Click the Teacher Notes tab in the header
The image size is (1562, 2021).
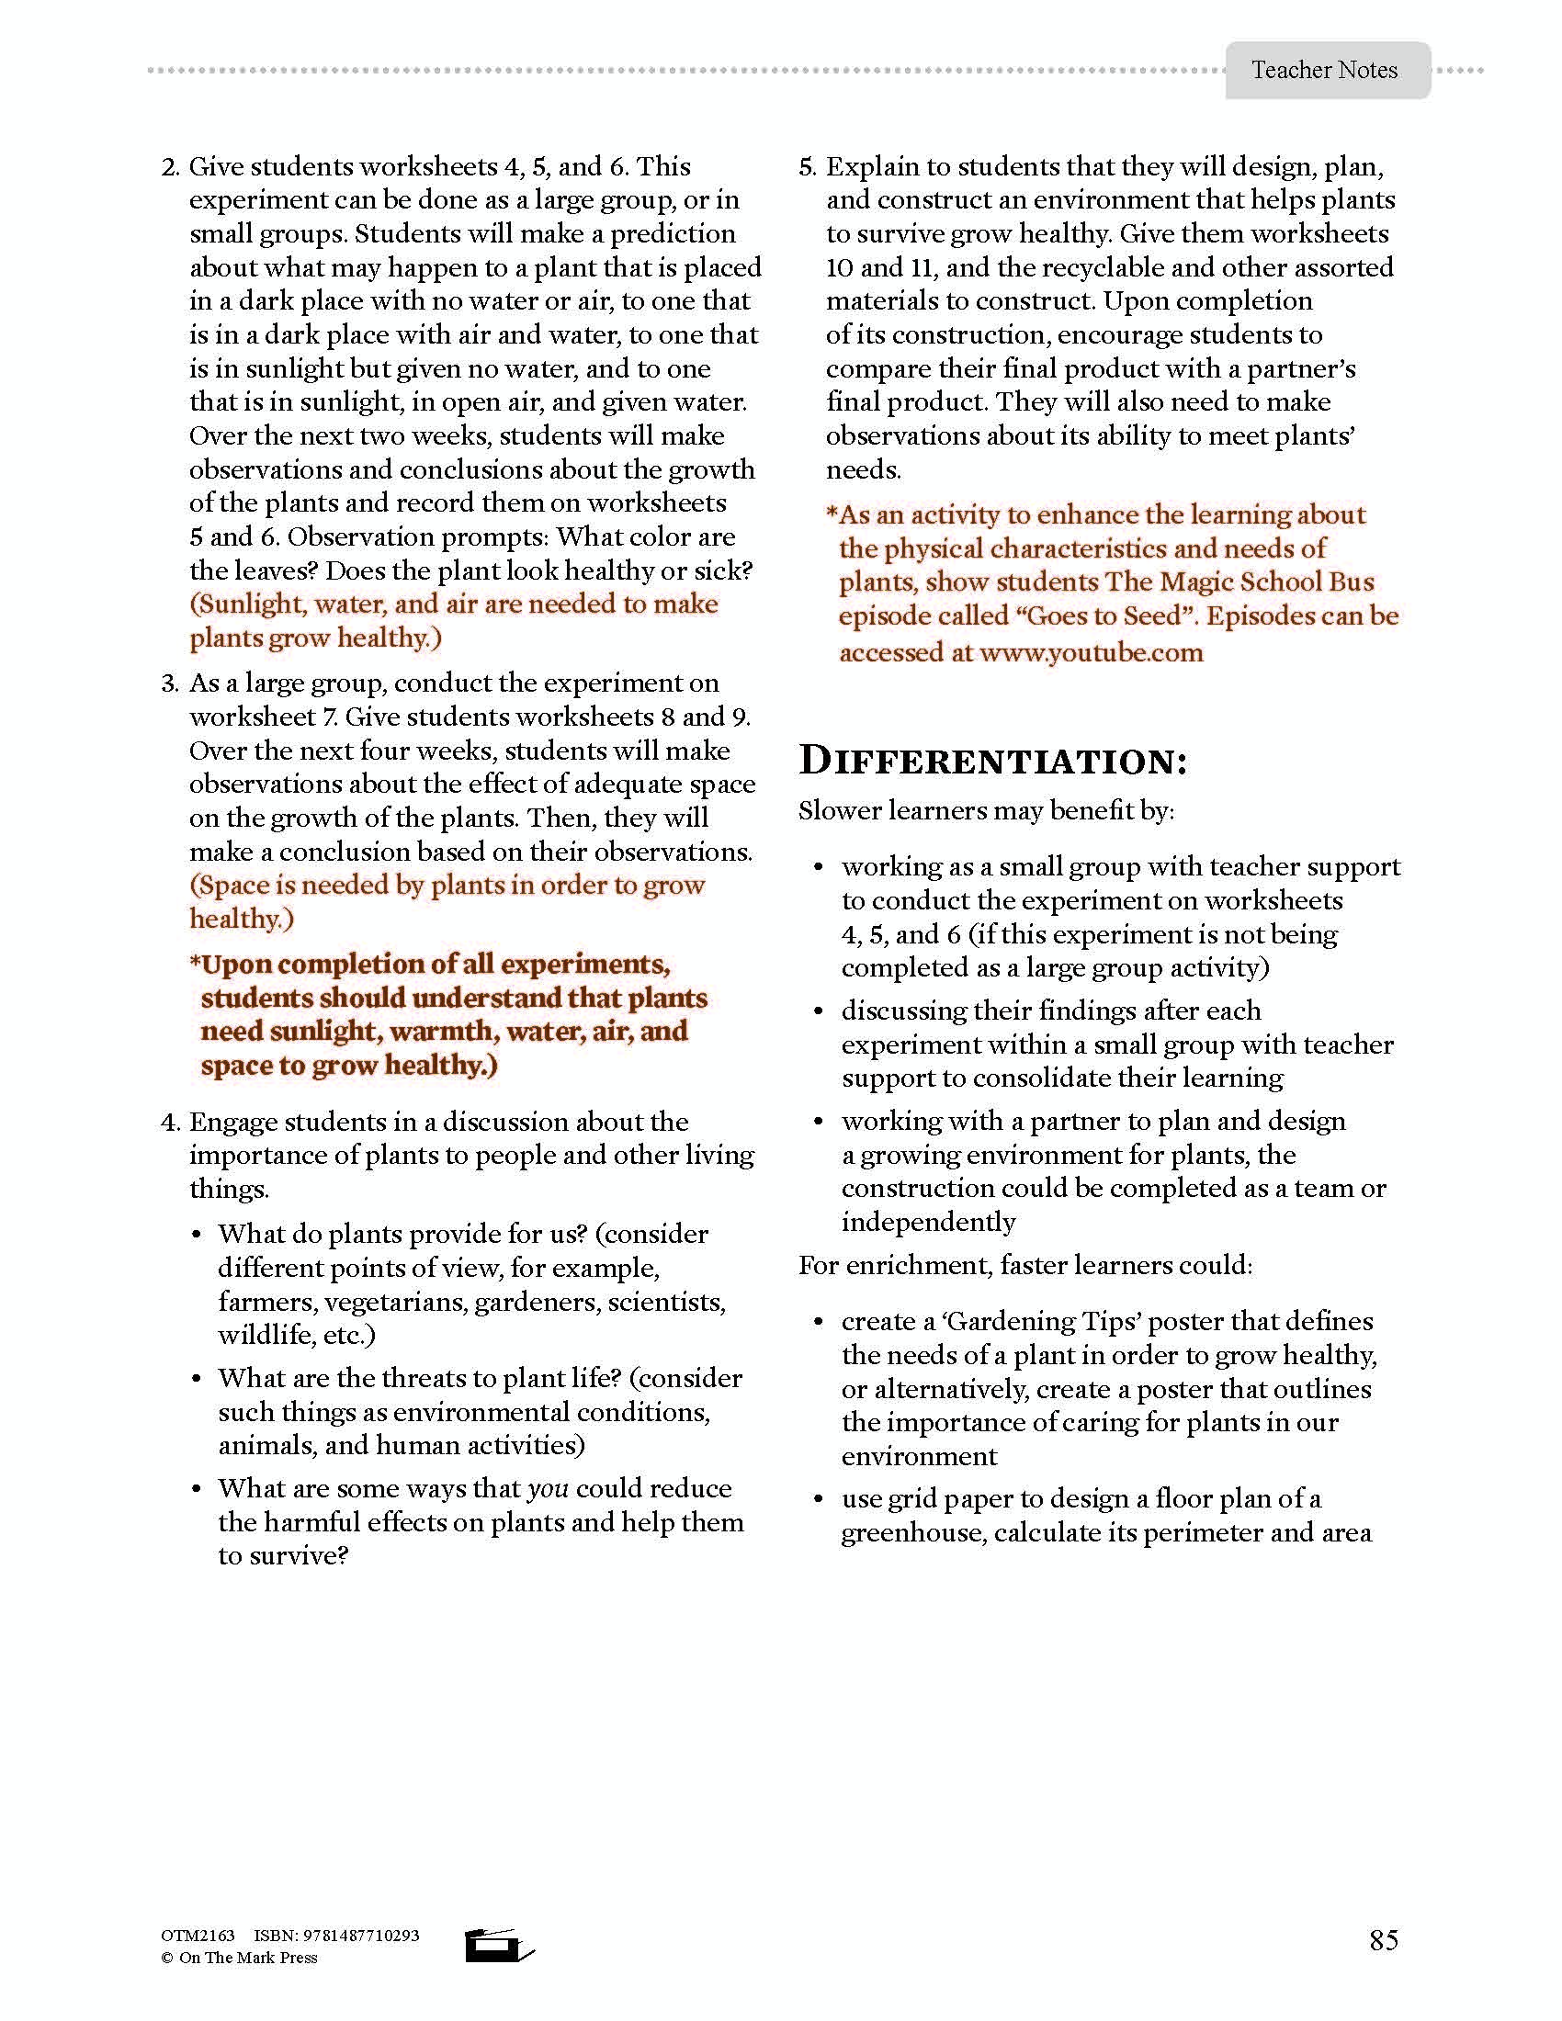coord(1324,71)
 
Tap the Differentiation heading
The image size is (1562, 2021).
coord(993,761)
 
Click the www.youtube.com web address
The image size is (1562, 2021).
coord(1091,652)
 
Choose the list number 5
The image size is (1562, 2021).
coord(807,167)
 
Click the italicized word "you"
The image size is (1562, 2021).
coord(547,1489)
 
